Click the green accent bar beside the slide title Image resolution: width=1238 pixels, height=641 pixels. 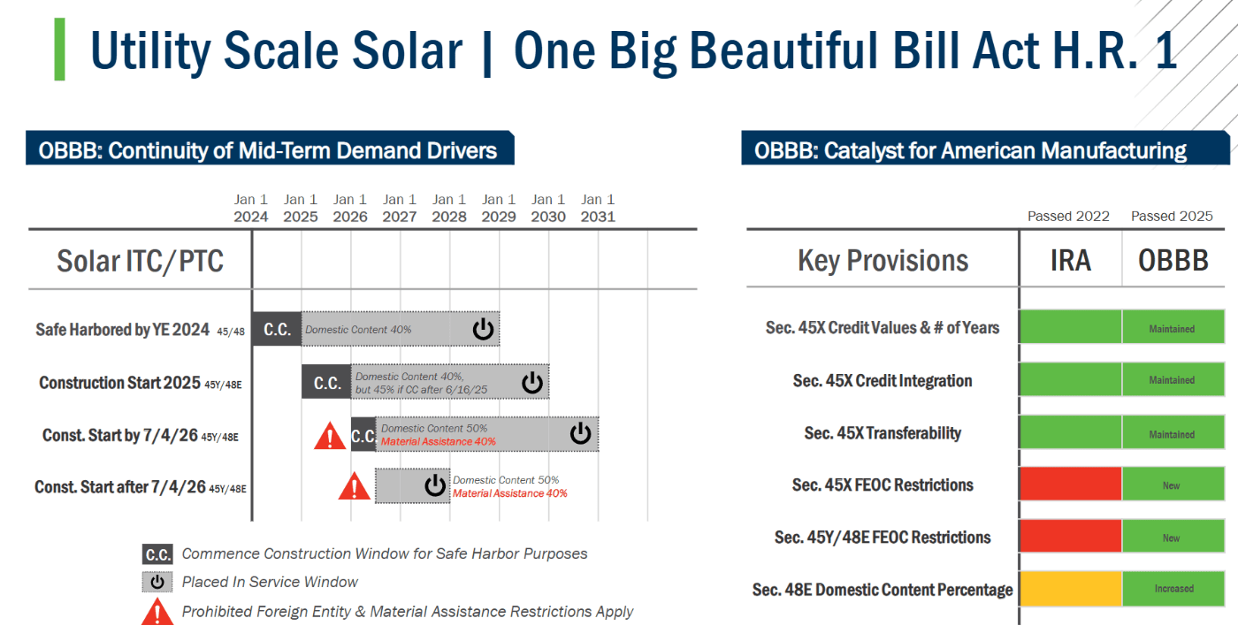tap(59, 50)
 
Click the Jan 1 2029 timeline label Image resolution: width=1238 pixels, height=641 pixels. tap(499, 208)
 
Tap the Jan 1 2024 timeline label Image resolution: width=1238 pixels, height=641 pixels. tap(251, 208)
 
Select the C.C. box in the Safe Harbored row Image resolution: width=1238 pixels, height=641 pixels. tap(277, 329)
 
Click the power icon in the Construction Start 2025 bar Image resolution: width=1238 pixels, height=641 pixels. tap(531, 382)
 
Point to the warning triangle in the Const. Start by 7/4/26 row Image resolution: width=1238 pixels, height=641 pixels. tap(330, 436)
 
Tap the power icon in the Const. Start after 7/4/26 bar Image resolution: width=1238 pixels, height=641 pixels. tap(434, 485)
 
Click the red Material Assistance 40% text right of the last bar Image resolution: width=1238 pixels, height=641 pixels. tap(510, 493)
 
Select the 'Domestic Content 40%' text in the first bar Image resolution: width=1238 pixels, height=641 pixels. tap(358, 330)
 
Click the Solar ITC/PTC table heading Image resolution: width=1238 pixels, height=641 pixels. tap(140, 261)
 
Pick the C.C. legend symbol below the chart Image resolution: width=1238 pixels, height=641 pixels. tap(157, 554)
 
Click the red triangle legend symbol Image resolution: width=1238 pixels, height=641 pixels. tap(157, 611)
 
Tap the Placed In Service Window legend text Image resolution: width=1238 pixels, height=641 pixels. tap(270, 582)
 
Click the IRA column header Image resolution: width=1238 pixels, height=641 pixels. tap(1070, 261)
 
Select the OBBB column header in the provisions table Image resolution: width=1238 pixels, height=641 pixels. tap(1173, 261)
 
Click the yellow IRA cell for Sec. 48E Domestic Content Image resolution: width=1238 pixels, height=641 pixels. tap(1070, 589)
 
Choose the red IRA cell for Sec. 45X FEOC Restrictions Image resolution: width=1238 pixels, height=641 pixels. tap(1070, 485)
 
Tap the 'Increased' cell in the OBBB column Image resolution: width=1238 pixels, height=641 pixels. tap(1173, 589)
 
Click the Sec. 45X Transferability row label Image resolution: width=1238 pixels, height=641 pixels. tap(883, 433)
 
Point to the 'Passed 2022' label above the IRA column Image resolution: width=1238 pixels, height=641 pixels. tap(1068, 217)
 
